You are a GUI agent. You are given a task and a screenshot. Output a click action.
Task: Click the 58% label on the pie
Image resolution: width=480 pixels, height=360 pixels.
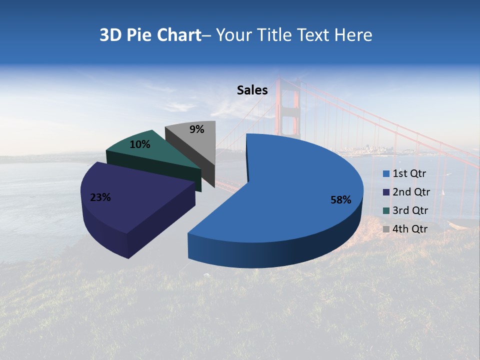340,200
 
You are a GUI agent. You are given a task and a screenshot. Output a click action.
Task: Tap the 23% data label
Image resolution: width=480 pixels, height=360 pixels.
100,197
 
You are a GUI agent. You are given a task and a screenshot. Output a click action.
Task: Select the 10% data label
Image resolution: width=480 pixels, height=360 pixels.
140,144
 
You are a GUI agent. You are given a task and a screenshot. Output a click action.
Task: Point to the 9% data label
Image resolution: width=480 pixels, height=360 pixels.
197,129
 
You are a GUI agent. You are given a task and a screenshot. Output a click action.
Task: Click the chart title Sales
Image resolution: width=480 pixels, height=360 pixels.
252,90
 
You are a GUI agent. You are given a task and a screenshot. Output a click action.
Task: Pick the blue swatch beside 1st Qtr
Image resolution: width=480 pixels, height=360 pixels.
386,174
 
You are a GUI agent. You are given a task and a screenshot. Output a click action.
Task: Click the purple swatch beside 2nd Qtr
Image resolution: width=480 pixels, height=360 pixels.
386,192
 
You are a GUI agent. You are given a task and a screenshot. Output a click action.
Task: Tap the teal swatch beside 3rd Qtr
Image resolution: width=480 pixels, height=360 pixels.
386,210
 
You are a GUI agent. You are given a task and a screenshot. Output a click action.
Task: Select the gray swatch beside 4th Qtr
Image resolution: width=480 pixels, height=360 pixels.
386,229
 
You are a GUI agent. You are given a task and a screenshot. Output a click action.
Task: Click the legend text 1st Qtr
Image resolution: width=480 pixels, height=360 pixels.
409,174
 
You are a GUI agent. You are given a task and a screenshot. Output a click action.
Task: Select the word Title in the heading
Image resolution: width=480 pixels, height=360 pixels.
274,35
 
